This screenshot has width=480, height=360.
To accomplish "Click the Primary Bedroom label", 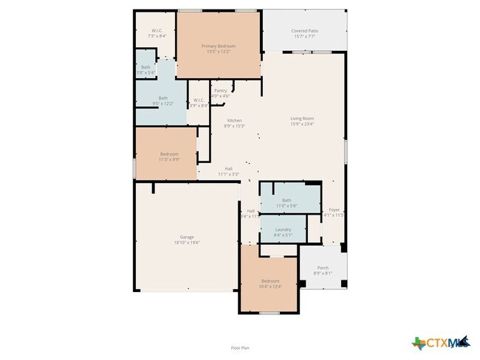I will (218, 46).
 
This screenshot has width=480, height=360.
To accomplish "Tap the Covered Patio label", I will (304, 32).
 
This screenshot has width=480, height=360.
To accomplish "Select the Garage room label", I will (187, 237).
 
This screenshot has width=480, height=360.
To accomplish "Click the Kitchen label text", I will (235, 120).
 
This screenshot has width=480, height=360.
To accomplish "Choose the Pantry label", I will (220, 90).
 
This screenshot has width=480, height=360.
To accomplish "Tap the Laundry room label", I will (283, 229).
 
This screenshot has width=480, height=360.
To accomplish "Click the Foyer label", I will (334, 210).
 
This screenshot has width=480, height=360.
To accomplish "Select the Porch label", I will (323, 268).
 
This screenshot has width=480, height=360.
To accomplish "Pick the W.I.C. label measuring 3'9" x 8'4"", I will (199, 100).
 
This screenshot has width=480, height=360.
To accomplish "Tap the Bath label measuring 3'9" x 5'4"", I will (146, 68).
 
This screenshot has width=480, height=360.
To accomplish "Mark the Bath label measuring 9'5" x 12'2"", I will (162, 98).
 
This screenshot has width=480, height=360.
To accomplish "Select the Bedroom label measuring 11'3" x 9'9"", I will (169, 154).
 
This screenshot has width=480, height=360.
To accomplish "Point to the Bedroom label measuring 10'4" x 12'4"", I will (270, 281).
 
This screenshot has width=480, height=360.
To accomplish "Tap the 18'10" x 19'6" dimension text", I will (187, 242).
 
